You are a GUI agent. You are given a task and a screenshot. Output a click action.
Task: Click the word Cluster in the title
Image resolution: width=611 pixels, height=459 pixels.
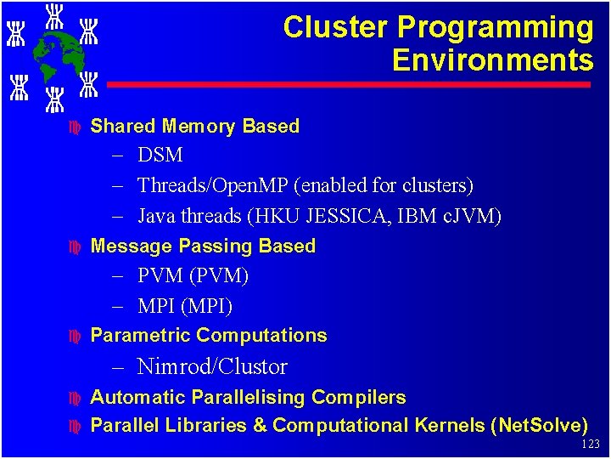click(x=336, y=28)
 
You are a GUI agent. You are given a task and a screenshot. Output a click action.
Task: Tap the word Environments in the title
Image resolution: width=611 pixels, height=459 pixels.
click(x=492, y=60)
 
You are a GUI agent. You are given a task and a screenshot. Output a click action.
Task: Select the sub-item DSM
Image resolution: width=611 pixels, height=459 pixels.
click(x=160, y=156)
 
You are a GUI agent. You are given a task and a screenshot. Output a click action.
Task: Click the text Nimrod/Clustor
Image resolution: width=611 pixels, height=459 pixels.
click(x=212, y=367)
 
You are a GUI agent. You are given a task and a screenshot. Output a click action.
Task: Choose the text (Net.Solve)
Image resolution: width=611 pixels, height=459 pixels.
click(x=539, y=425)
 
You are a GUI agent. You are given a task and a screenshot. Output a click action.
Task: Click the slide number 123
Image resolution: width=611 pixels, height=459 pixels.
click(x=591, y=445)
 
